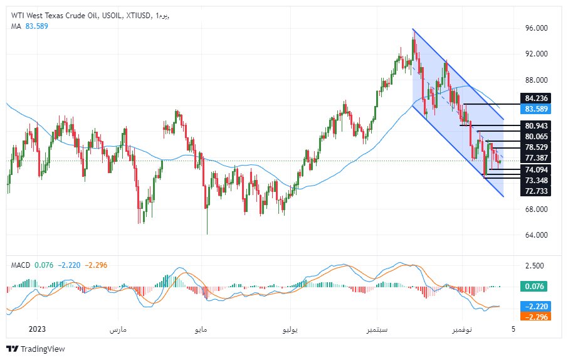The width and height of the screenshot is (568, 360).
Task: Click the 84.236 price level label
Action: (536, 98)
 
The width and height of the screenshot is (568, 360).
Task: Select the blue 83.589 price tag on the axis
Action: (536, 109)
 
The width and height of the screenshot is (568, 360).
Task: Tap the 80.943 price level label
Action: (536, 125)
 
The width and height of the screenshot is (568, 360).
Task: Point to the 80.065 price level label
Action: (536, 136)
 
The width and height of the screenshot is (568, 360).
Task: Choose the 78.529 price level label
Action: (536, 147)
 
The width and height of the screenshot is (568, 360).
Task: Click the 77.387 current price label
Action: (536, 158)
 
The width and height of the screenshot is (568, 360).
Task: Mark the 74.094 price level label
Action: (536, 170)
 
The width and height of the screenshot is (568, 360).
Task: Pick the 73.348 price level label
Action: (536, 180)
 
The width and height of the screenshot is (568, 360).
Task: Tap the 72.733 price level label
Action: (536, 191)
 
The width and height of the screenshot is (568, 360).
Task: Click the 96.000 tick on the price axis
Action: (537, 28)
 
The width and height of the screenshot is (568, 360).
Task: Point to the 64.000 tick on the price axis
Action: (537, 235)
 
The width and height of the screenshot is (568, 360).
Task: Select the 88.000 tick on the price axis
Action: (537, 80)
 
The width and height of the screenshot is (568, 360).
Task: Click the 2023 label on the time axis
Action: (37, 329)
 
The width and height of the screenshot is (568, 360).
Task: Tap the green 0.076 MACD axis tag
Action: (535, 287)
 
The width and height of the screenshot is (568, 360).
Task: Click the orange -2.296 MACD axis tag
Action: (535, 316)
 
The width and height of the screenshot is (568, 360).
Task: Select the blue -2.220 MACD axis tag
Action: (535, 305)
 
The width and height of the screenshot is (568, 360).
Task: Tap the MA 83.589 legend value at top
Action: (36, 26)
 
